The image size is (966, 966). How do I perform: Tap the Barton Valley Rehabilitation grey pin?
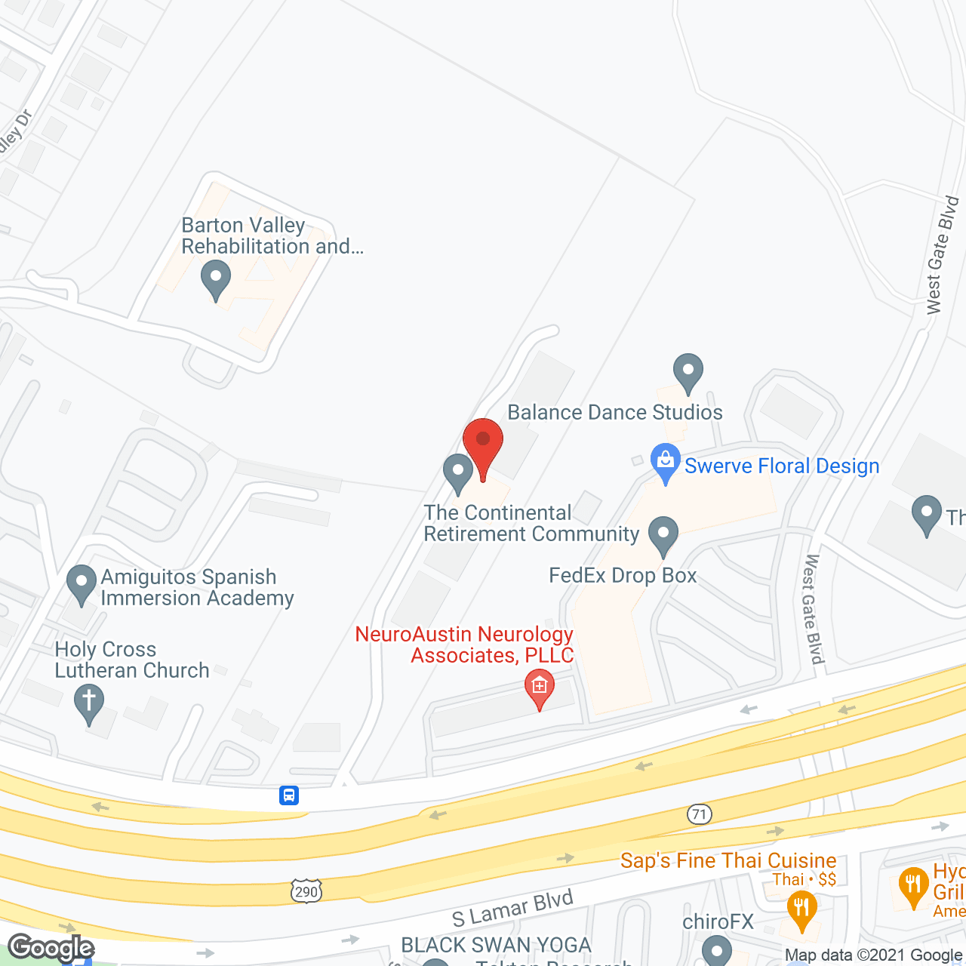(216, 278)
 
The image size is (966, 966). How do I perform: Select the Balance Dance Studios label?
(614, 412)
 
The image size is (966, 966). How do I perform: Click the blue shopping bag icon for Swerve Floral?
(665, 462)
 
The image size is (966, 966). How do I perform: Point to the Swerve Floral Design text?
(782, 466)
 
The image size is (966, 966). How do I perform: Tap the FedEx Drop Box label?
(623, 575)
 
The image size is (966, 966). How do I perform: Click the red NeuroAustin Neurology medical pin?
(539, 688)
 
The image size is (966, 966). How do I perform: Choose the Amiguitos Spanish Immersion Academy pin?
(81, 584)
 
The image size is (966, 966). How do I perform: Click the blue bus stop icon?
(289, 795)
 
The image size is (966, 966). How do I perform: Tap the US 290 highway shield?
(306, 891)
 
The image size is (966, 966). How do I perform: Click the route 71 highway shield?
(700, 814)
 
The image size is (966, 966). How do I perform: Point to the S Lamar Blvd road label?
(512, 908)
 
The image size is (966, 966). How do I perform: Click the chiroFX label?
(718, 921)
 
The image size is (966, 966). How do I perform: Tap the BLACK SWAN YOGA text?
(496, 945)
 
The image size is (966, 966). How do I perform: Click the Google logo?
(51, 948)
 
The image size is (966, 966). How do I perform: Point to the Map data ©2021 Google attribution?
(873, 955)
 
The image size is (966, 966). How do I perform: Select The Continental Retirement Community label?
(531, 523)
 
